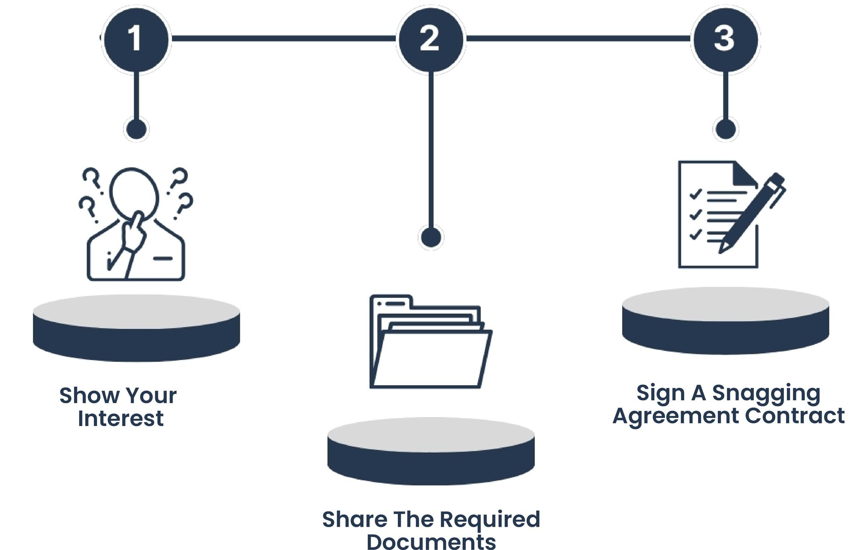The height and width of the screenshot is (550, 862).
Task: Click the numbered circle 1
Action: pos(136,39)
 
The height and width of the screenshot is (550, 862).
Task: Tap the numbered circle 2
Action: pos(431,39)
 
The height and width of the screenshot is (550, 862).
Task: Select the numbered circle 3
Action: pos(725,39)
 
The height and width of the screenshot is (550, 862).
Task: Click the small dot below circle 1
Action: pos(136,129)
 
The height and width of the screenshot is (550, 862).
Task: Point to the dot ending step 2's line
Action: pos(431,237)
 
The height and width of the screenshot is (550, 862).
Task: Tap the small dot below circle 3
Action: pos(725,129)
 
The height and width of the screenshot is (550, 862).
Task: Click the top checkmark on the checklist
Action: pos(695,194)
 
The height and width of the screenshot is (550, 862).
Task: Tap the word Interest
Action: pos(121,418)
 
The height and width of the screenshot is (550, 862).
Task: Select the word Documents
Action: pos(431,541)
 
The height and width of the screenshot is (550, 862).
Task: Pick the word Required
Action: pos(490,519)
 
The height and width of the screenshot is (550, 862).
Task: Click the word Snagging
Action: pos(766,393)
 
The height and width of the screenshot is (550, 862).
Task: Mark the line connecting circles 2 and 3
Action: pos(578,39)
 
